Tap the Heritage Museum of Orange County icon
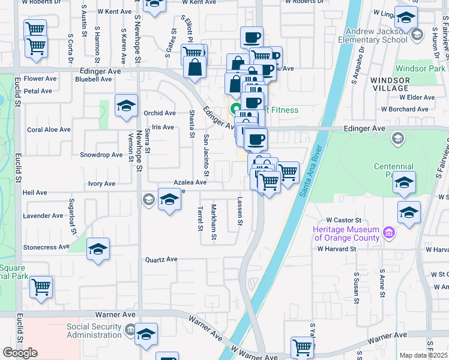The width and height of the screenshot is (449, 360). click(x=388, y=233)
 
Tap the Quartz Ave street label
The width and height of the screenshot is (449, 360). click(x=161, y=260)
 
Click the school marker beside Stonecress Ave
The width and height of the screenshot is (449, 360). click(x=98, y=250)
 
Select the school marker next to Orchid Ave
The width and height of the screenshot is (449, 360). click(x=126, y=106)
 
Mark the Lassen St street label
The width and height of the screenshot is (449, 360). click(x=240, y=212)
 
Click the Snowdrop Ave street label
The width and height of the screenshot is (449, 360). click(x=101, y=155)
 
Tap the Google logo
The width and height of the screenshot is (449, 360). click(x=20, y=352)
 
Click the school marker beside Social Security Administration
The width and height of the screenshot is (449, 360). click(x=146, y=334)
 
